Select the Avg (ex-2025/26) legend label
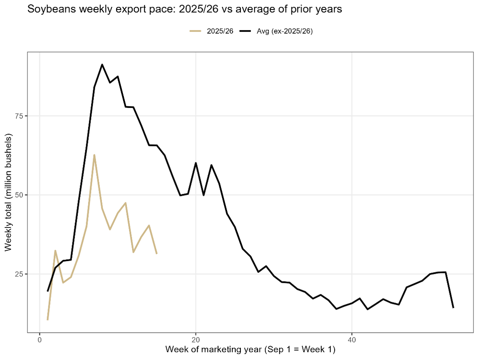click(x=285, y=31)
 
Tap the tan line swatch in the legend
click(x=196, y=31)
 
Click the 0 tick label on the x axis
click(x=40, y=339)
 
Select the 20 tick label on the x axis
click(x=196, y=339)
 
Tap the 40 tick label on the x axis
click(x=352, y=339)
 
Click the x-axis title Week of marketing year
click(x=250, y=349)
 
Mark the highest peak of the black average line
click(x=102, y=65)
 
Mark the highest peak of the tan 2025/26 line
click(x=94, y=155)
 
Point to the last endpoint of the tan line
click(x=157, y=253)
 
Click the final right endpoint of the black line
click(x=453, y=308)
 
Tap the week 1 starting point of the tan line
click(x=47, y=320)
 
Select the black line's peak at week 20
click(x=196, y=163)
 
